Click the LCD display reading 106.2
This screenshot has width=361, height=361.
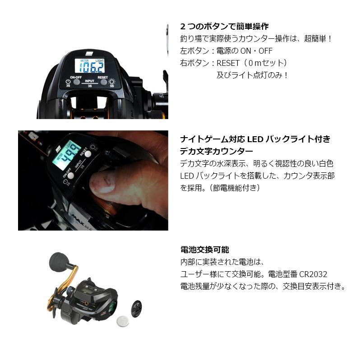[x=92, y=67]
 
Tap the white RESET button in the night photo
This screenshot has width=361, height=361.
[x=88, y=154]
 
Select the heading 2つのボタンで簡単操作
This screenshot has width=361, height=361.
[x=224, y=27]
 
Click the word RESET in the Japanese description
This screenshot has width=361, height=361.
[x=231, y=63]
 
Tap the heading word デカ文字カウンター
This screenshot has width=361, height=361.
[x=217, y=151]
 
